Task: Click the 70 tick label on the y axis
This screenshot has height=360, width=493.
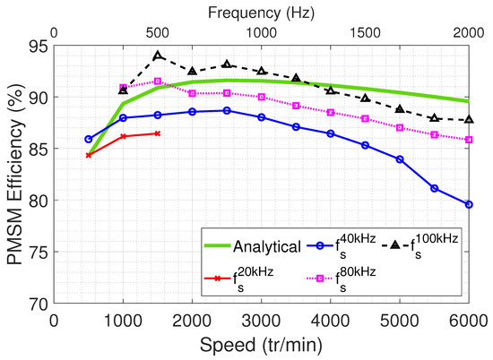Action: coord(38,304)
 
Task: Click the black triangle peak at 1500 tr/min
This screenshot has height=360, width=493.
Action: coord(158,56)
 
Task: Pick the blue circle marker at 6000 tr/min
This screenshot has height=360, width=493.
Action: coord(469,204)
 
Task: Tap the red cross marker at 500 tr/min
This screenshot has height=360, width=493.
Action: coord(89,155)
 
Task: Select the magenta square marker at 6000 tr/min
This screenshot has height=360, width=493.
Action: coord(469,140)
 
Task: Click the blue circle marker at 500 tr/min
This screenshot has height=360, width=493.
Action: coord(89,139)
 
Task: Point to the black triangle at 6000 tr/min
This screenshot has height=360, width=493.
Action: coord(469,119)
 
